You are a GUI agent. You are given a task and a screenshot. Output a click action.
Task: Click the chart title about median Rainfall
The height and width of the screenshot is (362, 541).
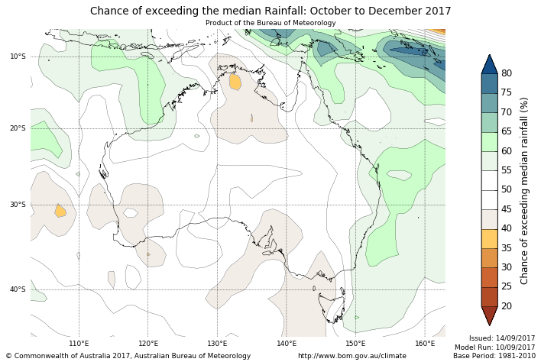(x=270, y=11)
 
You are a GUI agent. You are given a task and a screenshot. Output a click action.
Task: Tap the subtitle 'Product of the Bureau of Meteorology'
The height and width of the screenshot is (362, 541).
(x=270, y=23)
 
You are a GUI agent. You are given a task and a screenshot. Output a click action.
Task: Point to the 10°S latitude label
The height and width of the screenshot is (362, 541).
(x=18, y=57)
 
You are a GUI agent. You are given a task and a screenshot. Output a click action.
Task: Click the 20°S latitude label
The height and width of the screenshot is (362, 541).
(x=18, y=128)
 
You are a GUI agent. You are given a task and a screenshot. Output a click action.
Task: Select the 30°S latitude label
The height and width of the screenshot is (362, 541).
(x=18, y=205)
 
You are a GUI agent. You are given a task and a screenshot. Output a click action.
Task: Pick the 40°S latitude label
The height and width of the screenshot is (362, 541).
(x=18, y=289)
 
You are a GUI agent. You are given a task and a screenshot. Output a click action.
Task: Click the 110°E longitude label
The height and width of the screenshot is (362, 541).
(x=79, y=344)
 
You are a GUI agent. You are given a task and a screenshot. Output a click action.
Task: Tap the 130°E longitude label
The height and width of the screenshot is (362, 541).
(x=217, y=344)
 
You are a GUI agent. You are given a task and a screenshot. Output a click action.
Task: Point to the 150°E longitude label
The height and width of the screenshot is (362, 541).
(x=355, y=344)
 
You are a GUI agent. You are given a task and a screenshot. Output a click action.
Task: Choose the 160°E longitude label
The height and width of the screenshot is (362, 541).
(x=425, y=344)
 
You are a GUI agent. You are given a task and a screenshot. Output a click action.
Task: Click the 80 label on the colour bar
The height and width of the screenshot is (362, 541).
(x=506, y=73)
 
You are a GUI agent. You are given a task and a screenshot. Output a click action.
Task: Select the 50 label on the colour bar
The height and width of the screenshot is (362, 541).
(x=506, y=189)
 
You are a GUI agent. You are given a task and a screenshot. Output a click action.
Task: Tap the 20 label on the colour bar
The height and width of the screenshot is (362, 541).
(x=506, y=306)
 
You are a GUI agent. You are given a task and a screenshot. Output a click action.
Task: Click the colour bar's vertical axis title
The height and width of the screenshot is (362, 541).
(x=524, y=190)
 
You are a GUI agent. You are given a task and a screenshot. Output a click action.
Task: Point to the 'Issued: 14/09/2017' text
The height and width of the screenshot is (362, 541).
(x=502, y=338)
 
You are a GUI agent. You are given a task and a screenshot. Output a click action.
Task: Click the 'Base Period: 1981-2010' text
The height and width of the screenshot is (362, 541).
(x=494, y=356)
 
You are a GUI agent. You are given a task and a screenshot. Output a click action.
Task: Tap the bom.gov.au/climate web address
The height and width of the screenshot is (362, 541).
(x=352, y=356)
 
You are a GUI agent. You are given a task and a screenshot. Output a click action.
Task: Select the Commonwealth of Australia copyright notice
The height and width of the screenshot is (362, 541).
(x=128, y=356)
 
